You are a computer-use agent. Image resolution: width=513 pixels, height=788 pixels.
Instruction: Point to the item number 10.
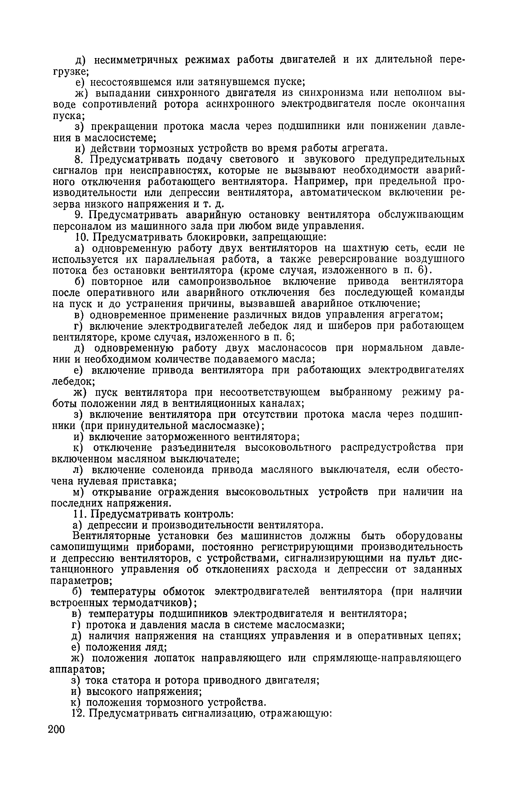[x=81, y=237]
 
